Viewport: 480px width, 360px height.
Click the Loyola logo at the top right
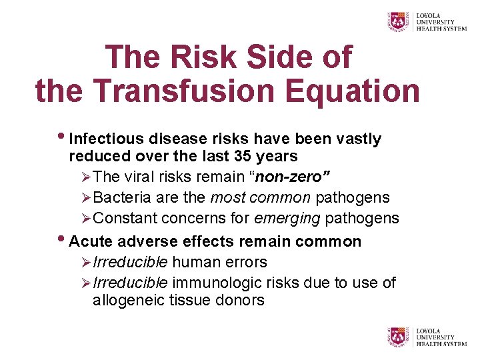tap(427, 21)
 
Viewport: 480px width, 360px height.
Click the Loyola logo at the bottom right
tap(427, 337)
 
